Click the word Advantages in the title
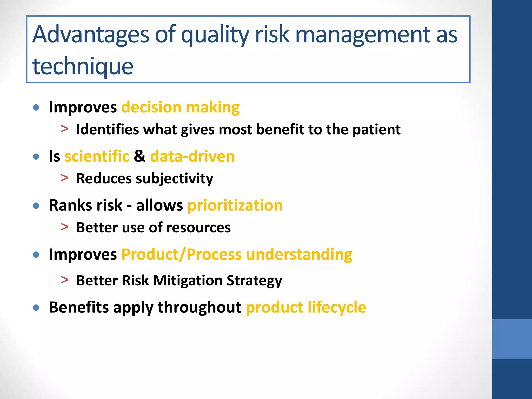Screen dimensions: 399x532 click(91, 35)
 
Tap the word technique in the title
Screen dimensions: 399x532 click(83, 66)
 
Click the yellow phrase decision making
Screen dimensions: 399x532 click(180, 107)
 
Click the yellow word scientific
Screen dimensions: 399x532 click(97, 156)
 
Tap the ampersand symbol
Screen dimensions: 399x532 click(140, 156)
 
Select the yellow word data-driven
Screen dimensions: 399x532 click(192, 156)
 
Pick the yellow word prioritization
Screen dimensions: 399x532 click(235, 205)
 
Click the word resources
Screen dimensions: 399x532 click(198, 228)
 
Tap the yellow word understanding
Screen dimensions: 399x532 click(299, 254)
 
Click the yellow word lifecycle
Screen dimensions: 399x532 click(337, 307)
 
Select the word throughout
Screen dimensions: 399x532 click(199, 307)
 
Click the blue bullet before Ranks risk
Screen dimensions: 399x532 click(36, 206)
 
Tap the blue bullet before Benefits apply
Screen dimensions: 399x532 click(36, 308)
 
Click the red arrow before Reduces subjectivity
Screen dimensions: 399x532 click(64, 178)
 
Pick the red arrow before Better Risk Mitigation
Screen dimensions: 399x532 click(64, 280)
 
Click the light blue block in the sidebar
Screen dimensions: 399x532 click(512, 339)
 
